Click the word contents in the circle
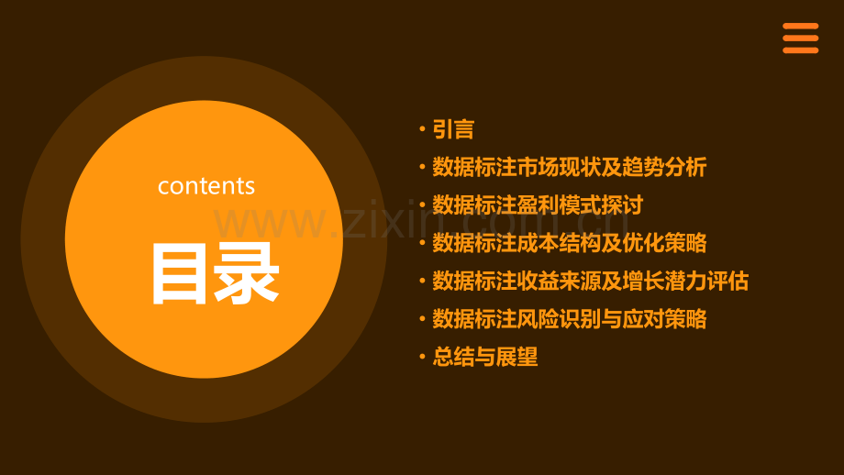tap(206, 186)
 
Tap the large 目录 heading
tap(215, 272)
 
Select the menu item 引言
tap(453, 129)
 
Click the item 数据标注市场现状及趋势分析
tap(569, 168)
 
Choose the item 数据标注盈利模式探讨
tap(538, 205)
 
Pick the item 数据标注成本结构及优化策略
tap(569, 243)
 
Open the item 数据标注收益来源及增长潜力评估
tap(590, 281)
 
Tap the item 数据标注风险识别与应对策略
tap(569, 319)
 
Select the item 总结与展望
tap(484, 357)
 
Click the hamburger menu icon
tap(800, 39)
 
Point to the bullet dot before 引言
tap(421, 130)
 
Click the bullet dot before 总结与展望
tap(421, 358)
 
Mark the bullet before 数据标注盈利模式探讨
tap(421, 206)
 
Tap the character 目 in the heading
tap(181, 272)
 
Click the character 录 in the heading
tap(248, 272)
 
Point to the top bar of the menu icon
tap(800, 27)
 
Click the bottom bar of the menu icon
tap(800, 50)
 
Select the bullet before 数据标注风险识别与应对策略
tap(421, 320)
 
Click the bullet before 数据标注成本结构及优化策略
tap(421, 244)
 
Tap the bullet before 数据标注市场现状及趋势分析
tap(421, 169)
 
